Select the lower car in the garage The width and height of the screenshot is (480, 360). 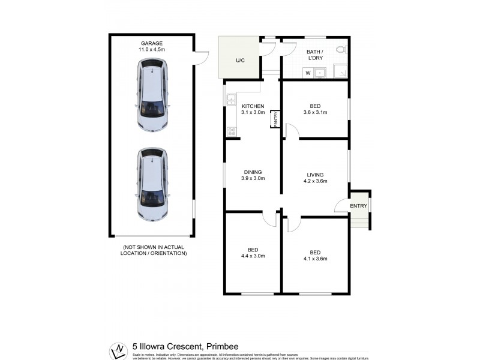click(x=152, y=185)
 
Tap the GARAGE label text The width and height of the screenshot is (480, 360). click(x=152, y=43)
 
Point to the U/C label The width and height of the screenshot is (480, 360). click(x=240, y=61)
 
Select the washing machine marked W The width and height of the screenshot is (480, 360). click(x=308, y=73)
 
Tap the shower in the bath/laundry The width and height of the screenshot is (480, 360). click(x=340, y=71)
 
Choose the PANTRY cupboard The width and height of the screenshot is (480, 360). click(x=275, y=119)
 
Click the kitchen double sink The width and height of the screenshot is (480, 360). click(x=229, y=100)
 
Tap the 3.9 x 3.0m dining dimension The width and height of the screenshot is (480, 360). click(x=253, y=178)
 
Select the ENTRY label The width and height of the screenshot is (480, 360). click(x=359, y=206)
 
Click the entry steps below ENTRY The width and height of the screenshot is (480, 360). click(x=359, y=223)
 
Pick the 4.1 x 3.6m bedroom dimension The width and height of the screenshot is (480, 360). click(x=315, y=259)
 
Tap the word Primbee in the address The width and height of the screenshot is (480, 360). click(x=226, y=345)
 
